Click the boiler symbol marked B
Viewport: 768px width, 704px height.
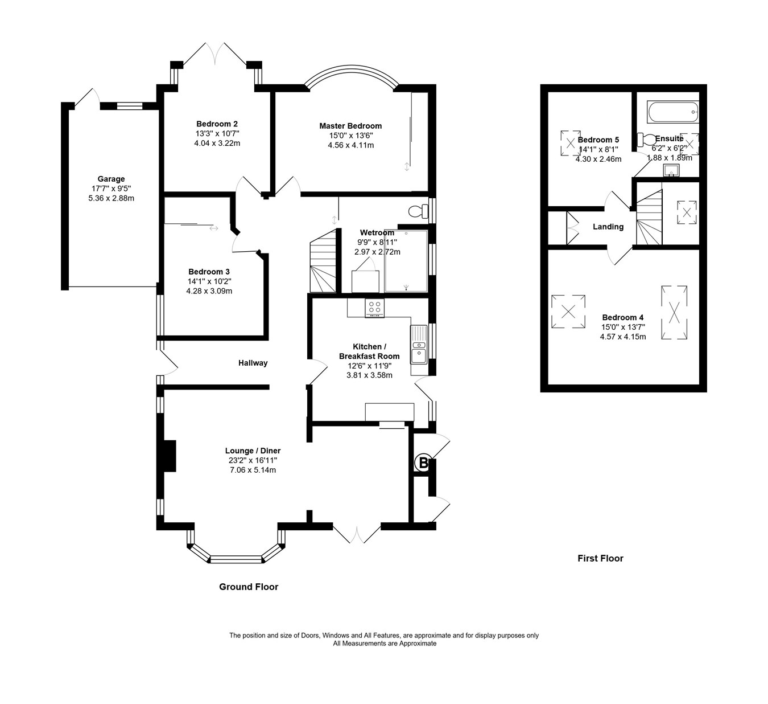pos(423,463)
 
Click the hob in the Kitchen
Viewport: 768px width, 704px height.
pos(374,308)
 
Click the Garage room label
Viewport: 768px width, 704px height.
pos(111,179)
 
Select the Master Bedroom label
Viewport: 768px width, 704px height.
pos(350,126)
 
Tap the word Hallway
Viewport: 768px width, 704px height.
pos(253,363)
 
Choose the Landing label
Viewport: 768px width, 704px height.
pos(608,227)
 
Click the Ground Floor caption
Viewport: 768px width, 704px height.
pos(249,587)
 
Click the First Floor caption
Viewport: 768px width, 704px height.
pos(600,558)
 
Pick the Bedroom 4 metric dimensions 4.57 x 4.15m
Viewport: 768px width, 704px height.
pos(623,337)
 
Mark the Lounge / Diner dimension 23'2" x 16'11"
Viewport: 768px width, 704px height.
pos(253,460)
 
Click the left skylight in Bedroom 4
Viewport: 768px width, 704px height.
pos(568,311)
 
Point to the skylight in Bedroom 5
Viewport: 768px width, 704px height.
pos(569,142)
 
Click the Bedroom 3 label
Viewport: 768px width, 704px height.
pos(209,272)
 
